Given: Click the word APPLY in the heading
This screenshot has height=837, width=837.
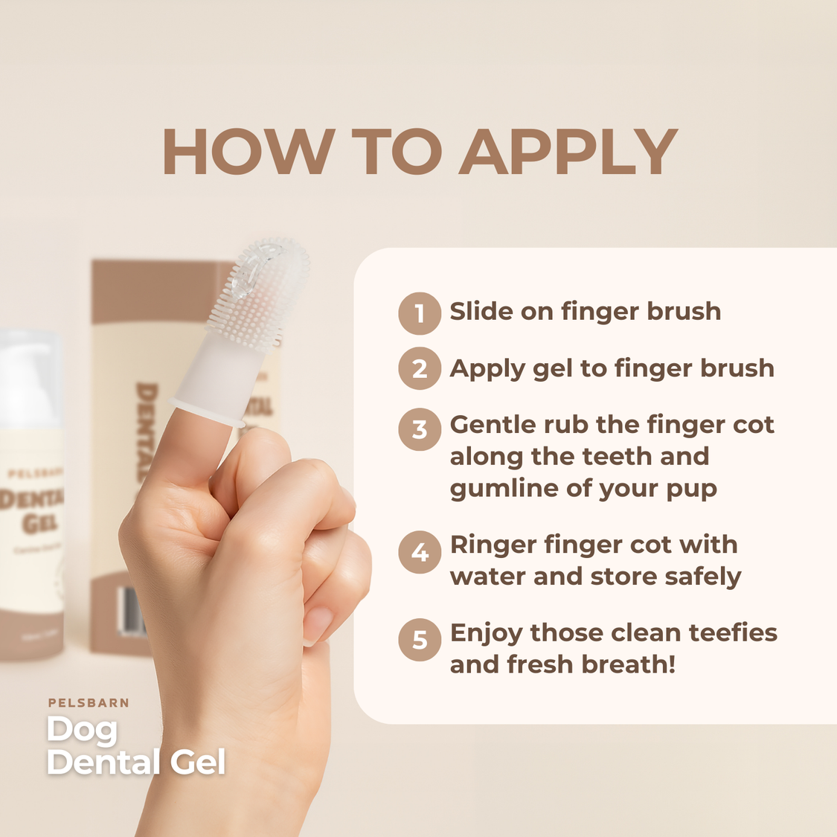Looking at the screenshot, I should click(568, 153).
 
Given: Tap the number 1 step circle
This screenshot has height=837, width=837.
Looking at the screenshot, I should click(420, 313).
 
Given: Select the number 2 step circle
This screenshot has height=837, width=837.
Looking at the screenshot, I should click(420, 369).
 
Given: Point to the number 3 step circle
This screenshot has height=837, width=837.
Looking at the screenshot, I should click(420, 429).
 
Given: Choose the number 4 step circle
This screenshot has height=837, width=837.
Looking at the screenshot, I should click(420, 552).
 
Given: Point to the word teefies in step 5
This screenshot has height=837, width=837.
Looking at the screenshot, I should click(733, 632).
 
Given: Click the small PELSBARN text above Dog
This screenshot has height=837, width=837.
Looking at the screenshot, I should click(89, 702).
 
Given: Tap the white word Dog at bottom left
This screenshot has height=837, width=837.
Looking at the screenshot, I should click(82, 731).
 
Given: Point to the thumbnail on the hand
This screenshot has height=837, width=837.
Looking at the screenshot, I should click(318, 623).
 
